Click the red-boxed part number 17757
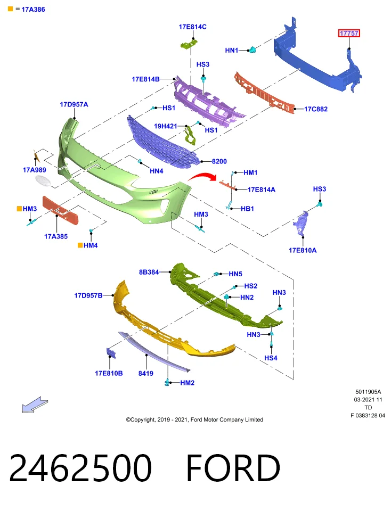coord(349,33)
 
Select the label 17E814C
coord(192,27)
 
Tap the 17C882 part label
coord(316,109)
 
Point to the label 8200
coord(219,161)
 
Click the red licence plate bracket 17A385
coord(61,210)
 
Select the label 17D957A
coord(74,105)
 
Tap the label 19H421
coord(165,126)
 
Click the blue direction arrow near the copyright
coord(35,405)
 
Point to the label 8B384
coord(149,272)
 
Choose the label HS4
coord(271,358)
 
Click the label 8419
coord(146,373)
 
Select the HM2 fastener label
coord(187,383)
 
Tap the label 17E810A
coord(303,250)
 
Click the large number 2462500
coord(80,468)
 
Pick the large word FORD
coord(233,468)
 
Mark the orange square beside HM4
coord(80,245)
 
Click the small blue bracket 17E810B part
coord(111,353)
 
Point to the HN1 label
coord(232,50)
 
